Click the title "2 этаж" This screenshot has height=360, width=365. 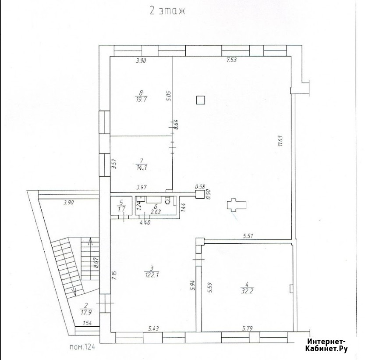[x=167, y=11]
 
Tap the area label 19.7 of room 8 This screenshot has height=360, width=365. [x=141, y=100]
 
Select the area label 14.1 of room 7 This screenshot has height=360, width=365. [x=142, y=168]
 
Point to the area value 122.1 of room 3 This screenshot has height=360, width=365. [x=152, y=275]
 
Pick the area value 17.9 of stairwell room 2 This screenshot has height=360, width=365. [x=86, y=312]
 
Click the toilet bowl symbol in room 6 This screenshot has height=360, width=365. [x=167, y=201]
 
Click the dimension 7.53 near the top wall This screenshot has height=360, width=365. [x=231, y=60]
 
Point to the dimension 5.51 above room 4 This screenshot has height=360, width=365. [x=248, y=236]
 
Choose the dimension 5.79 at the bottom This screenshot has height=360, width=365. [x=247, y=328]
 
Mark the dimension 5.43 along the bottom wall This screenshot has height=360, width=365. [x=154, y=328]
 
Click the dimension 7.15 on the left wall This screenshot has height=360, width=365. [x=114, y=275]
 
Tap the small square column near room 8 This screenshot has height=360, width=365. [x=200, y=100]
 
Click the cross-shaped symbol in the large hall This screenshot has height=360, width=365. [x=237, y=205]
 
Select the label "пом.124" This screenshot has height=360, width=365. [x=82, y=347]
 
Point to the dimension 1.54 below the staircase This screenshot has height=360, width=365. [x=87, y=323]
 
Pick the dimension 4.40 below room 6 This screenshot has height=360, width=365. [x=145, y=222]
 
